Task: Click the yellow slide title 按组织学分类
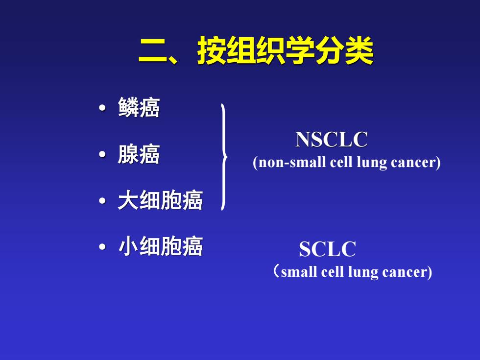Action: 285,50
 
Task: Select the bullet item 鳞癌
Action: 139,107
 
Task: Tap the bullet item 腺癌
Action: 139,154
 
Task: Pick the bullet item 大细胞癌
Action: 160,200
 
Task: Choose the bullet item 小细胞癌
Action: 160,246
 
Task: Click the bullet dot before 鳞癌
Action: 102,108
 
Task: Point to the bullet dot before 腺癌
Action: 102,154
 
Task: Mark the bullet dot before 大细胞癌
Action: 102,201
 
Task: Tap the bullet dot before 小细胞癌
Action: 102,247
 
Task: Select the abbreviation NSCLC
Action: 332,140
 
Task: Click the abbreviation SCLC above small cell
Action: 328,249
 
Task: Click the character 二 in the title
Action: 153,51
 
